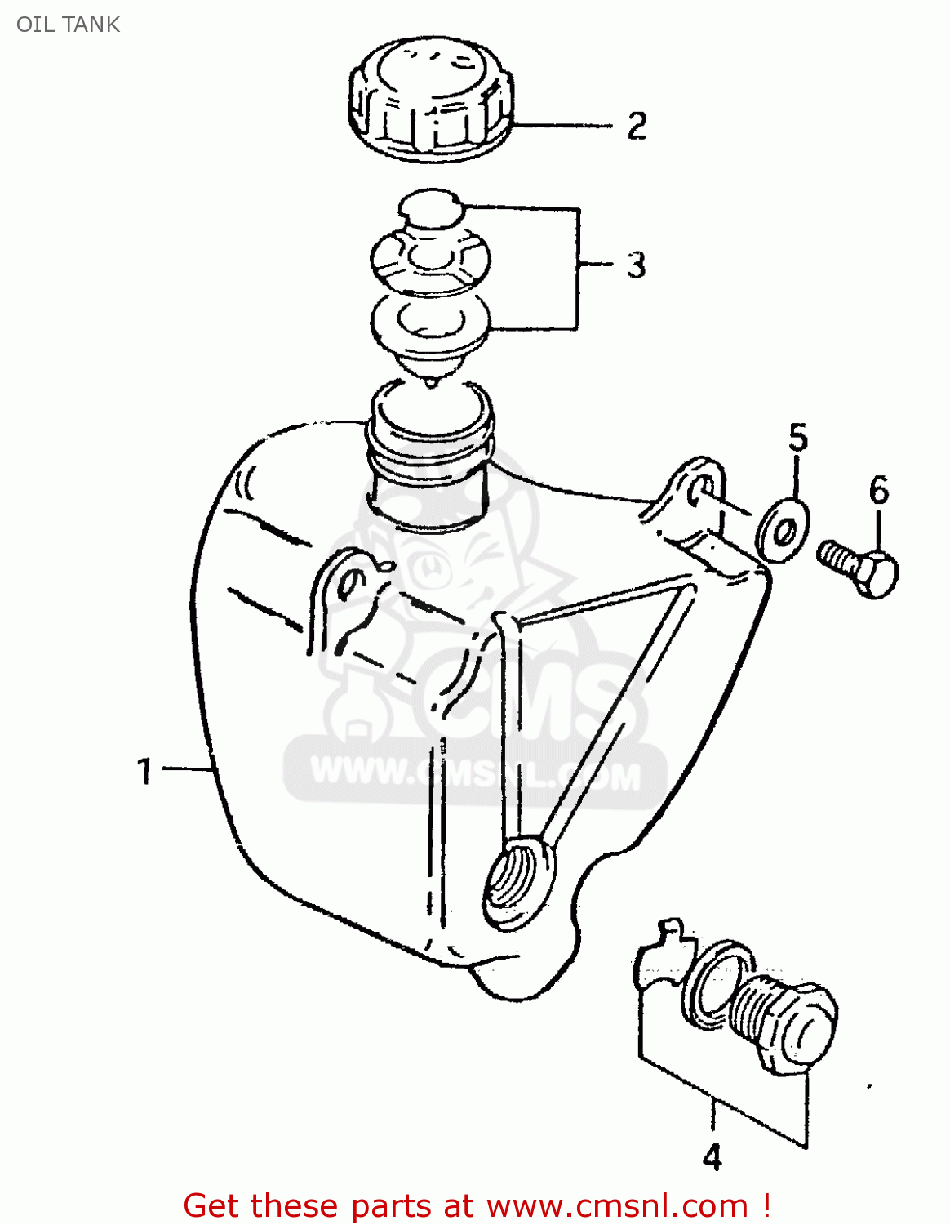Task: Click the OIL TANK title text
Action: click(x=69, y=24)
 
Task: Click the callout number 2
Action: click(x=637, y=126)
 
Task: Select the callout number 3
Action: click(x=637, y=265)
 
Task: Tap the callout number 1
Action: click(x=144, y=771)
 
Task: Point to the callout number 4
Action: click(x=712, y=1158)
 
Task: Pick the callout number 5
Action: click(x=797, y=439)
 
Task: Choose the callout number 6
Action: click(x=878, y=490)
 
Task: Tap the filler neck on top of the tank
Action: click(x=429, y=457)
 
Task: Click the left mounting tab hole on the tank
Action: click(x=351, y=583)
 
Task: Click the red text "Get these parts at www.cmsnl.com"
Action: click(x=477, y=1205)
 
